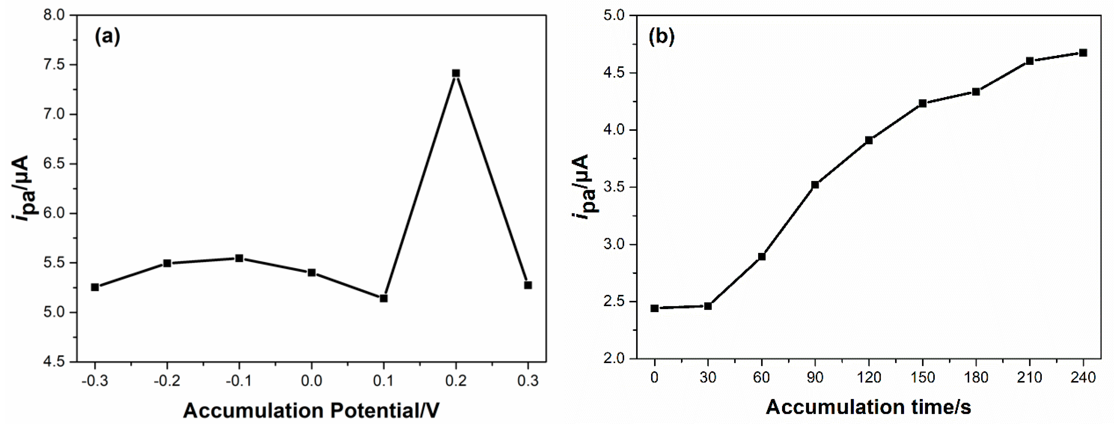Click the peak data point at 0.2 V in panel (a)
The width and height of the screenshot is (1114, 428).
click(456, 73)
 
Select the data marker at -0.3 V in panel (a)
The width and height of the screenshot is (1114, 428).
click(95, 287)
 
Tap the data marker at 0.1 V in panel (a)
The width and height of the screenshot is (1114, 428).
click(384, 298)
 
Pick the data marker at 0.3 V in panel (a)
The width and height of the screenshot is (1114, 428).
click(528, 285)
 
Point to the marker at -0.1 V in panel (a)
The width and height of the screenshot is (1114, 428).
click(239, 258)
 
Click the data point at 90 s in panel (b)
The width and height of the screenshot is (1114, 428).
click(815, 185)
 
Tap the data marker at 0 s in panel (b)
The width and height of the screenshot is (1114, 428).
click(655, 308)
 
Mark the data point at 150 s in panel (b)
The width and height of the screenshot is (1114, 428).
click(923, 103)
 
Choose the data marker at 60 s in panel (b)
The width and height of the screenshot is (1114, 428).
click(762, 257)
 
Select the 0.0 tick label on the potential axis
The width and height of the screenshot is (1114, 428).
click(311, 381)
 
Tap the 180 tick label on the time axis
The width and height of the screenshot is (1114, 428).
click(976, 378)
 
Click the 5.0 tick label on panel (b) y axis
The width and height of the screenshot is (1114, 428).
click(614, 15)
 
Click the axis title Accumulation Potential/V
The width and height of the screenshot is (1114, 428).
click(311, 410)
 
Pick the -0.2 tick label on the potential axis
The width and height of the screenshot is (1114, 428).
click(167, 381)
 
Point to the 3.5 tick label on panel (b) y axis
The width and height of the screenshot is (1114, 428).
click(614, 187)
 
